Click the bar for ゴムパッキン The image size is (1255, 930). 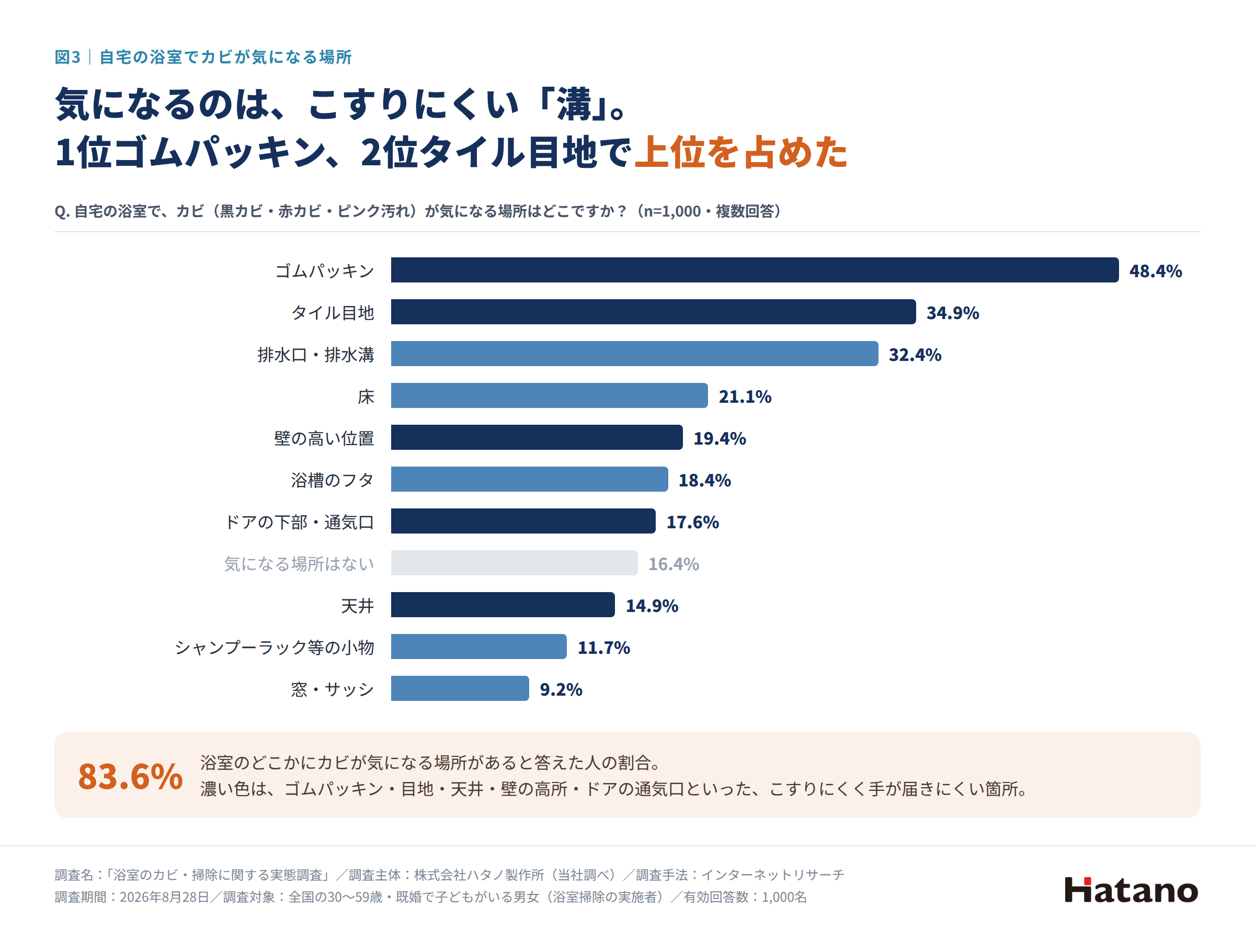pyautogui.click(x=755, y=270)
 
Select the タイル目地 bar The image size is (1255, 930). pyautogui.click(x=654, y=312)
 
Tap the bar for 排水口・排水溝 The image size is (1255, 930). pyautogui.click(x=635, y=354)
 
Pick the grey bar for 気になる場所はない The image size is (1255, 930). pyautogui.click(x=515, y=563)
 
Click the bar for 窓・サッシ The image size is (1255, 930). pyautogui.click(x=460, y=688)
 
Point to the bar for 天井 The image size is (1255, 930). pyautogui.click(x=503, y=605)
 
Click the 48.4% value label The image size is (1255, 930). pyautogui.click(x=1156, y=271)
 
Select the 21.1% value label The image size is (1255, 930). pyautogui.click(x=745, y=396)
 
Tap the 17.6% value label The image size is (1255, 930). pyautogui.click(x=692, y=522)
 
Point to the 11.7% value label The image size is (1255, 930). pyautogui.click(x=604, y=648)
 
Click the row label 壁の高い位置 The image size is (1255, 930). pyautogui.click(x=324, y=438)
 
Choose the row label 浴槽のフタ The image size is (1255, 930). pyautogui.click(x=333, y=480)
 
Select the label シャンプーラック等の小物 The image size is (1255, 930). pyautogui.click(x=275, y=648)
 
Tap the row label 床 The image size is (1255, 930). pyautogui.click(x=366, y=396)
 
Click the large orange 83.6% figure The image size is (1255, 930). pyautogui.click(x=131, y=776)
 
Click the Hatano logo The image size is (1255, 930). pyautogui.click(x=1131, y=890)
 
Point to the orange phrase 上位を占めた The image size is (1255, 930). pyautogui.click(x=741, y=152)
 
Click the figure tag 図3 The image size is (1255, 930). pyautogui.click(x=67, y=57)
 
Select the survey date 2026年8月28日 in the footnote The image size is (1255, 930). pyautogui.click(x=164, y=897)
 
